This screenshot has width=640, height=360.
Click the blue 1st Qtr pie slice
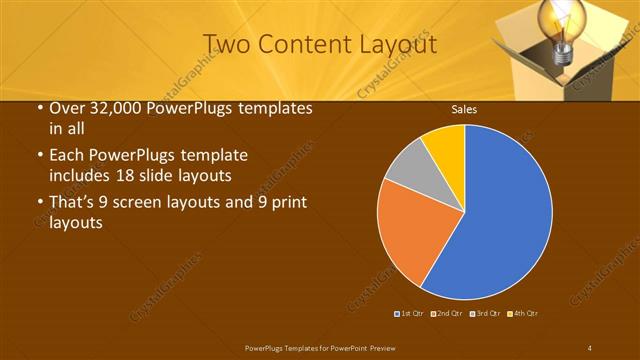pyautogui.click(x=500, y=220)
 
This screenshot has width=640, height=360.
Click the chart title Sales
pyautogui.click(x=463, y=109)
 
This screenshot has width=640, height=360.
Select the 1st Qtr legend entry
pyautogui.click(x=411, y=314)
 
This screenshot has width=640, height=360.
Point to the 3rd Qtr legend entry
pyautogui.click(x=485, y=314)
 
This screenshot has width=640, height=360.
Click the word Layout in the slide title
pyautogui.click(x=394, y=44)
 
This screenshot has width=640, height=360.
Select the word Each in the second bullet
pyautogui.click(x=67, y=156)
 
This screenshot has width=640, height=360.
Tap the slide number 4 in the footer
pyautogui.click(x=590, y=347)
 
